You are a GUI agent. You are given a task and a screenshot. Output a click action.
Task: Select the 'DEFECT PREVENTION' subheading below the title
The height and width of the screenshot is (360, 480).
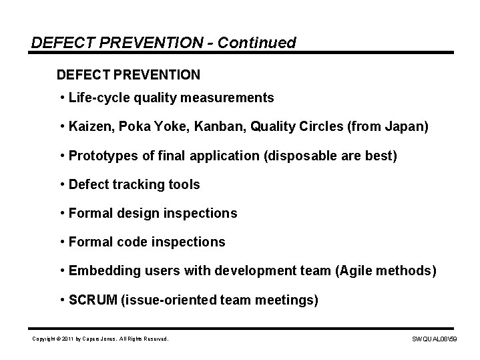[x=128, y=72]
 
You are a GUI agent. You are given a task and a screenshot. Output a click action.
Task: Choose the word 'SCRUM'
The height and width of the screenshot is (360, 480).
[x=93, y=301]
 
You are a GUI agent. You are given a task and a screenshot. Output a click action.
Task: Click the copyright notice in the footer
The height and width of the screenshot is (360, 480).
[x=100, y=339]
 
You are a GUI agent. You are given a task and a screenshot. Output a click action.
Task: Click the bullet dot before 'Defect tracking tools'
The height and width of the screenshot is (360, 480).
[x=61, y=184]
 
